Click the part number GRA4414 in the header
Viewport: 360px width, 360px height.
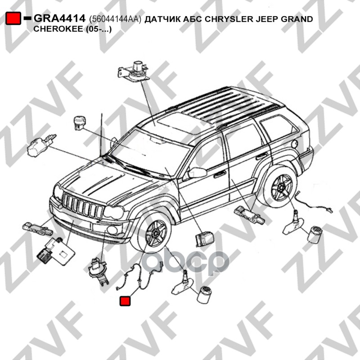[59, 18]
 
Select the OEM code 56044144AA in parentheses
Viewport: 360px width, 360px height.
[115, 19]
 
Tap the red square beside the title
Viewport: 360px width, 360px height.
[13, 18]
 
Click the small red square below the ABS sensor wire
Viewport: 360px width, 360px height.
[125, 301]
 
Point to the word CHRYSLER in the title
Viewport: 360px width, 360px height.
[229, 19]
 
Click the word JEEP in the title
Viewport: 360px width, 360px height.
[267, 19]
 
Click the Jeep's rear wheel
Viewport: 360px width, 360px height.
[280, 186]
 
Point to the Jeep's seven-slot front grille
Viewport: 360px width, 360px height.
[83, 206]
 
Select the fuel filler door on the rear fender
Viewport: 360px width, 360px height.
[295, 144]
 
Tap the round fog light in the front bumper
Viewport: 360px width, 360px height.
[112, 230]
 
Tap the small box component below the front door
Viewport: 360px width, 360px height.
[204, 239]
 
